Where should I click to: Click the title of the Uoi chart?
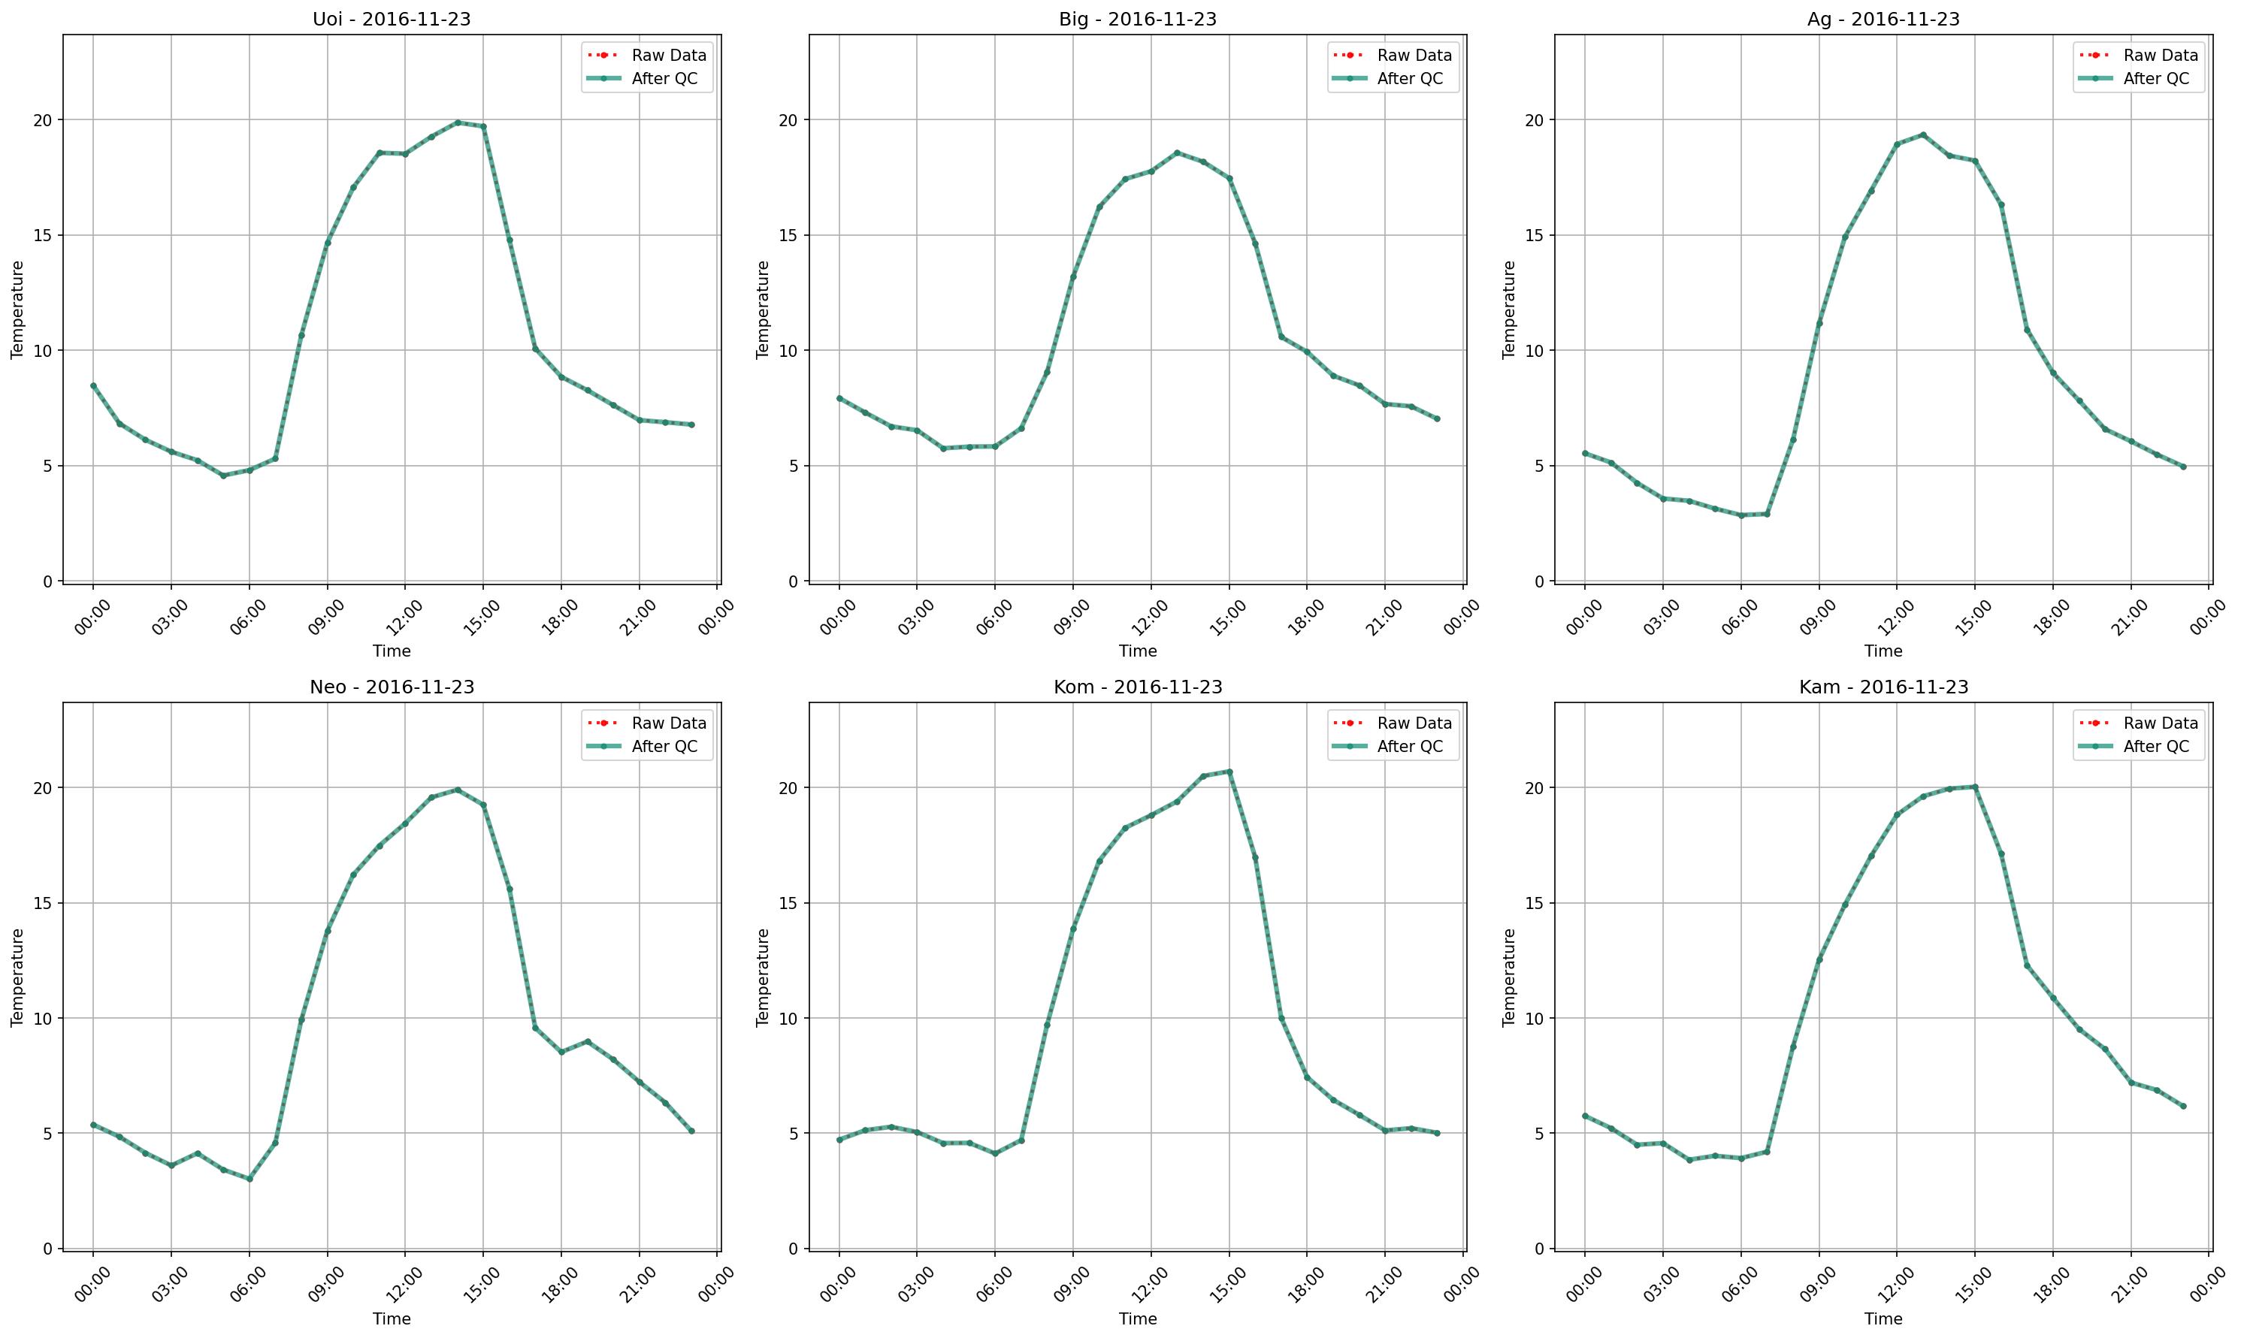pyautogui.click(x=392, y=19)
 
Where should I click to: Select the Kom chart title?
pyautogui.click(x=1137, y=687)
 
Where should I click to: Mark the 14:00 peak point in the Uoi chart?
pyautogui.click(x=457, y=122)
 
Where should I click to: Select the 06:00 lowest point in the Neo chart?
pyautogui.click(x=250, y=1179)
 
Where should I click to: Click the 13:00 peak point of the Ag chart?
pyautogui.click(x=1922, y=135)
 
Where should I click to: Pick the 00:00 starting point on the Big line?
pyautogui.click(x=839, y=398)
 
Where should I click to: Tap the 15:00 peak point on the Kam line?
pyautogui.click(x=1975, y=787)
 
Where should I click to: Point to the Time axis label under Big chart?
pyautogui.click(x=1137, y=651)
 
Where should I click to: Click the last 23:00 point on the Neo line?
pyautogui.click(x=691, y=1131)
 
